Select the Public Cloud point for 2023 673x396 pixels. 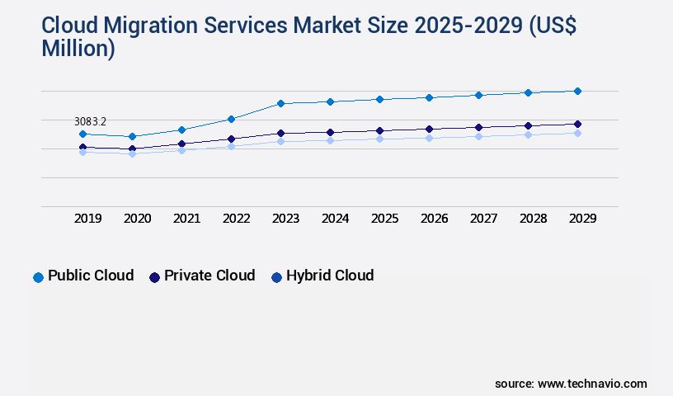(x=280, y=103)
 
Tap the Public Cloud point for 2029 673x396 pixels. (x=577, y=91)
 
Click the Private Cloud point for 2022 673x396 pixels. (x=231, y=139)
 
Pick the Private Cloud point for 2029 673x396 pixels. (x=577, y=124)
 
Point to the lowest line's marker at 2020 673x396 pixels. (x=132, y=153)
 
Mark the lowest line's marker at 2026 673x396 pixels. (x=429, y=138)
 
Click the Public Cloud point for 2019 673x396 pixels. (x=82, y=134)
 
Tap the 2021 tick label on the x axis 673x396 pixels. (x=186, y=219)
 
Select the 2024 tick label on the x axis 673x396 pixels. (x=335, y=219)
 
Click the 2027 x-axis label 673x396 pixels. (x=483, y=219)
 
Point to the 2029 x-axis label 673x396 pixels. (x=582, y=219)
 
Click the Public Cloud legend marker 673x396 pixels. (x=38, y=277)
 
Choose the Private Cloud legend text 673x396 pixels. (x=209, y=276)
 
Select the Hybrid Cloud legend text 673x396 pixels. (x=330, y=276)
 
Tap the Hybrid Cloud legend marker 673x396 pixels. (x=277, y=277)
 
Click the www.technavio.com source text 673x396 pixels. (x=592, y=384)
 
